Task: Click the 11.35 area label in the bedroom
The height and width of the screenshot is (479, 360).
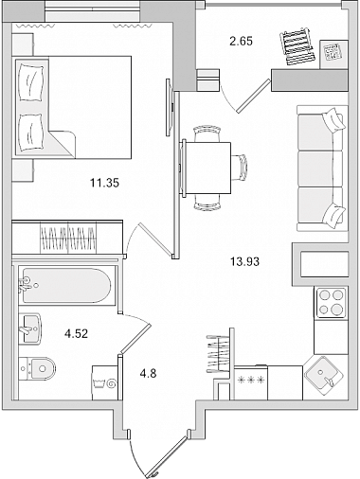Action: (104, 183)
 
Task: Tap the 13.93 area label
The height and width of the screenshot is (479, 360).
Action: (244, 261)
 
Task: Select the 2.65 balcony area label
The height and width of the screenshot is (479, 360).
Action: (241, 42)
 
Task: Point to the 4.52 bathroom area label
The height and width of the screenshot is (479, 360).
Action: (76, 333)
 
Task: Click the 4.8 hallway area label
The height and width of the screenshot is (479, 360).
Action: (149, 374)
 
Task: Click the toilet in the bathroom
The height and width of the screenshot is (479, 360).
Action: (37, 368)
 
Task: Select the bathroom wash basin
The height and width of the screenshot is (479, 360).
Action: (30, 328)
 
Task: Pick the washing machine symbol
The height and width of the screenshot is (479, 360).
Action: (105, 383)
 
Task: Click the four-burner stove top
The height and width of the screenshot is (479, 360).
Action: (331, 303)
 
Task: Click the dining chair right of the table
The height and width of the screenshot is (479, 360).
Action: (240, 168)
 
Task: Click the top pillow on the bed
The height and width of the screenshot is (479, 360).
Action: (31, 82)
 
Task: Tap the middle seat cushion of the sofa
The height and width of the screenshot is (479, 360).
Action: (319, 169)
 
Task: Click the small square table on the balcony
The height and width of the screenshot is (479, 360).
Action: (333, 54)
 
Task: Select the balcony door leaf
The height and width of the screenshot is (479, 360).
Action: (254, 96)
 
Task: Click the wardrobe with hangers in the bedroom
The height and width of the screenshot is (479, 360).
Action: (67, 238)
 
